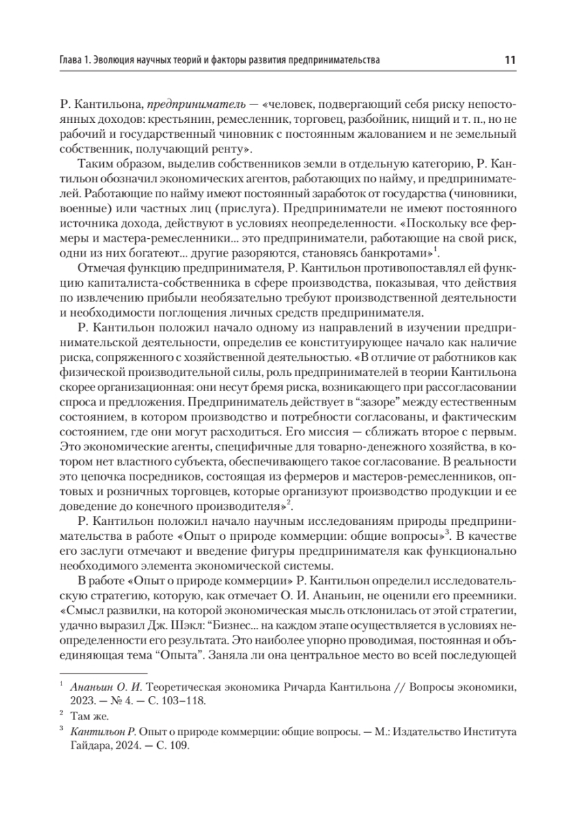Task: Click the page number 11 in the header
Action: tap(510, 60)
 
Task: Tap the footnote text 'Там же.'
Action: tap(89, 717)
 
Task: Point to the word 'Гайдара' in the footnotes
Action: tap(87, 746)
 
